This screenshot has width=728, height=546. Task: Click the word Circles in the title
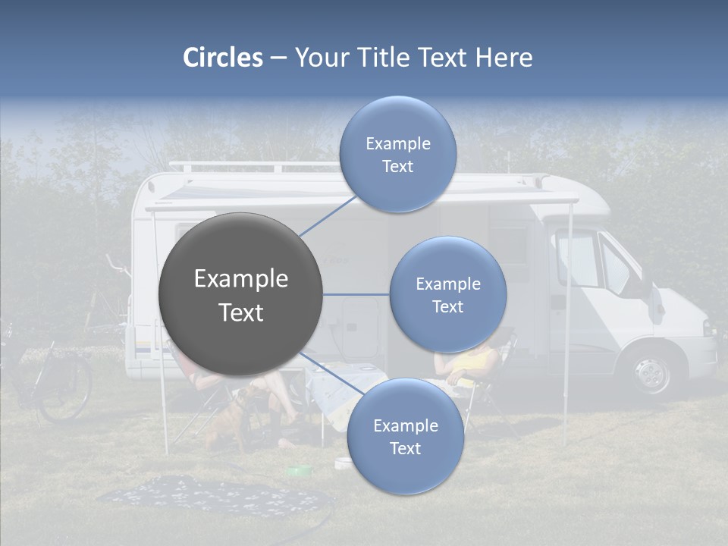(223, 58)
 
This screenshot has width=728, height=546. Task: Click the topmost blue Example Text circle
(397, 155)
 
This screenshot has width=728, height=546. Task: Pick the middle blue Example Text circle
(447, 295)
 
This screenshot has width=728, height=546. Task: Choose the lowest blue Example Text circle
(405, 437)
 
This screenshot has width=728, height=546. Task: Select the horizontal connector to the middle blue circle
(356, 294)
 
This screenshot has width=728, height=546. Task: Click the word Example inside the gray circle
(240, 279)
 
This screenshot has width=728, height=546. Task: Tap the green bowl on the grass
(299, 471)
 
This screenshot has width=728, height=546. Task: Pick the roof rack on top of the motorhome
(250, 166)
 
